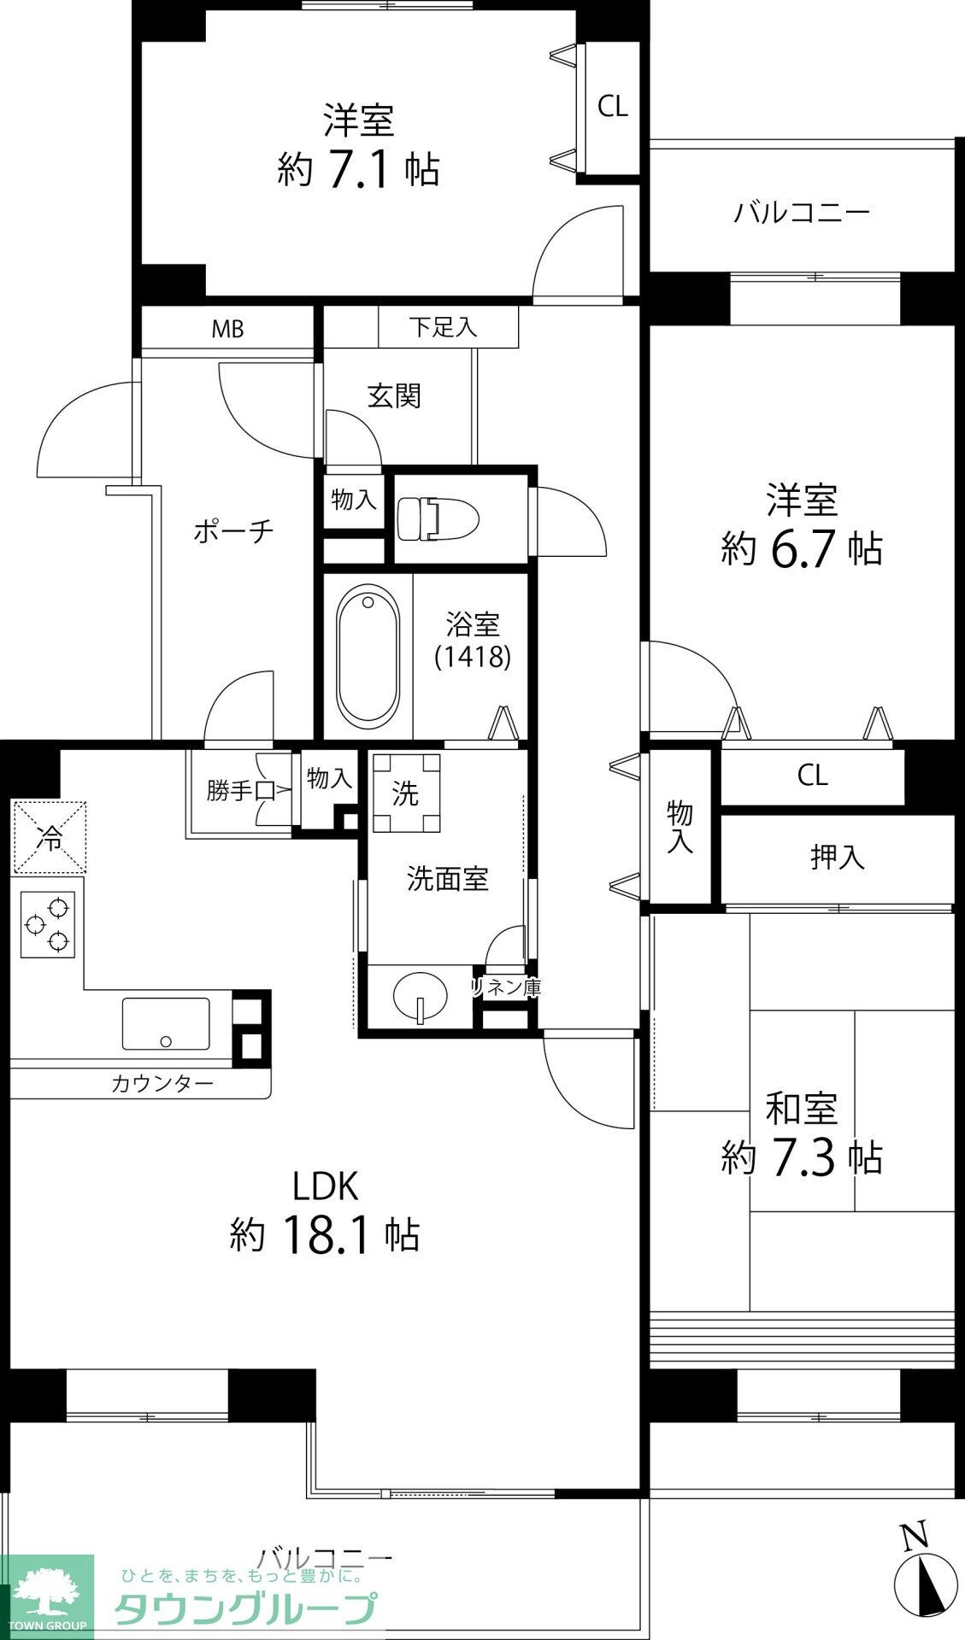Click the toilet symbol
[x=438, y=518]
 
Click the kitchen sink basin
[x=166, y=1023]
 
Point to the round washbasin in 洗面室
[x=420, y=996]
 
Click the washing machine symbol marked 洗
[x=406, y=794]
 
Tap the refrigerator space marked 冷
[x=49, y=838]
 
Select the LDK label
[x=325, y=1186]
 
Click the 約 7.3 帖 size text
[x=802, y=1158]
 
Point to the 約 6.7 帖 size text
[x=802, y=548]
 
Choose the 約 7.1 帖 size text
[x=358, y=169]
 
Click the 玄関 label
[x=394, y=395]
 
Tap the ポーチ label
[x=233, y=530]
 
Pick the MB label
[x=227, y=329]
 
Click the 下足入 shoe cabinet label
[x=442, y=327]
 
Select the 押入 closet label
[x=838, y=858]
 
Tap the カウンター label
[x=162, y=1084]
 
